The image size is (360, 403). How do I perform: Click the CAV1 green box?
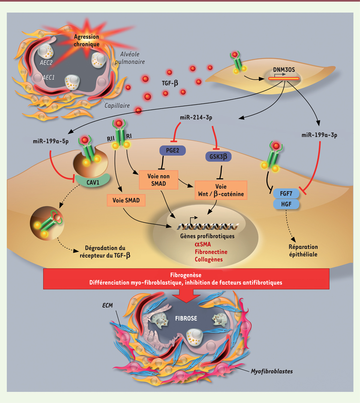pos(93,182)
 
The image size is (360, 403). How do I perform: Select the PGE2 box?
pos(172,150)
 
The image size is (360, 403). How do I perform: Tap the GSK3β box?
pos(218,156)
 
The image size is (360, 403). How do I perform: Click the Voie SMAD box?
pos(126,200)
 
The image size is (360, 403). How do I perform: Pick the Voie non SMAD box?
pos(158,180)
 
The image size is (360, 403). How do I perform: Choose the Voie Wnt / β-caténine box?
pos(221,190)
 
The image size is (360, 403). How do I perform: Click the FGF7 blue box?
pos(286,194)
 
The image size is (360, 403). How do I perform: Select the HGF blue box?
pos(286,204)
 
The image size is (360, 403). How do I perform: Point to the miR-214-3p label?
pos(196,117)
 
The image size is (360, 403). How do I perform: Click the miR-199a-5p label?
pos(51,141)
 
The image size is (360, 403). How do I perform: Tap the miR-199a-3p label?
pos(319,135)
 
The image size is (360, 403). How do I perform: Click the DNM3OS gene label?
pos(284,70)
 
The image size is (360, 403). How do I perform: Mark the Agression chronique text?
pos(86,40)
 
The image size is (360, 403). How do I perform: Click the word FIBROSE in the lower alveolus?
pos(186,318)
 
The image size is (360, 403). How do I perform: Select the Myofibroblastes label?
pos(272,371)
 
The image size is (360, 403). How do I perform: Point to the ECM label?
pos(107,305)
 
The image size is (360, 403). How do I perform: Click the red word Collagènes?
pos(209,259)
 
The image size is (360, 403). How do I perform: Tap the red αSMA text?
pos(203,244)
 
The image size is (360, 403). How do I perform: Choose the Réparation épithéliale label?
pos(303,250)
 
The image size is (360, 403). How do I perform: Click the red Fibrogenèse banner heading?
pos(186,275)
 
